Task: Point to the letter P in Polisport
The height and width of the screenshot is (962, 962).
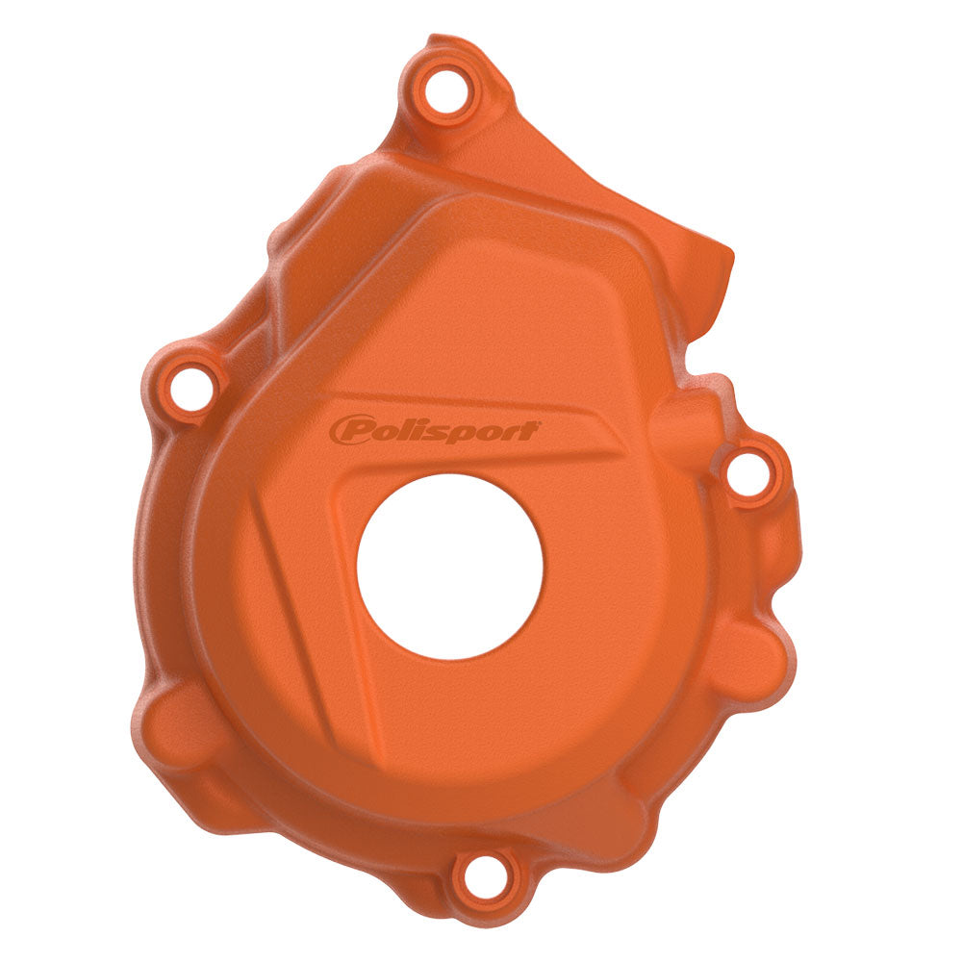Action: point(349,429)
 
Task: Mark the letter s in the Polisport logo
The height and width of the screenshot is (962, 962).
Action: point(427,430)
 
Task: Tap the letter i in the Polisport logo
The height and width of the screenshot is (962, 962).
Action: point(412,428)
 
